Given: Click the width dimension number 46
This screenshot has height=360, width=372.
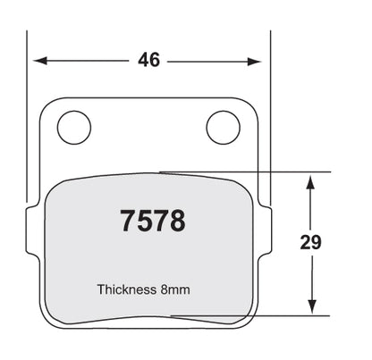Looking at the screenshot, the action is pos(148,60).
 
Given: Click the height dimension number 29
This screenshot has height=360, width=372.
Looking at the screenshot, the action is pos(311,242).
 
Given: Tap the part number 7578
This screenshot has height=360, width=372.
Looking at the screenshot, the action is pos(153,221).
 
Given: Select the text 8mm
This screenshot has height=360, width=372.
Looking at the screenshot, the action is pos(175,289).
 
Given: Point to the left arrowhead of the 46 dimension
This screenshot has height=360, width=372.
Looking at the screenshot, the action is pos(40,61).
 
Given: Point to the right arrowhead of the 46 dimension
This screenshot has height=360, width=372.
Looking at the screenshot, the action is pos(255,62).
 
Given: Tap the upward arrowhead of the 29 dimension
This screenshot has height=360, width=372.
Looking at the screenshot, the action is pos(311,182).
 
